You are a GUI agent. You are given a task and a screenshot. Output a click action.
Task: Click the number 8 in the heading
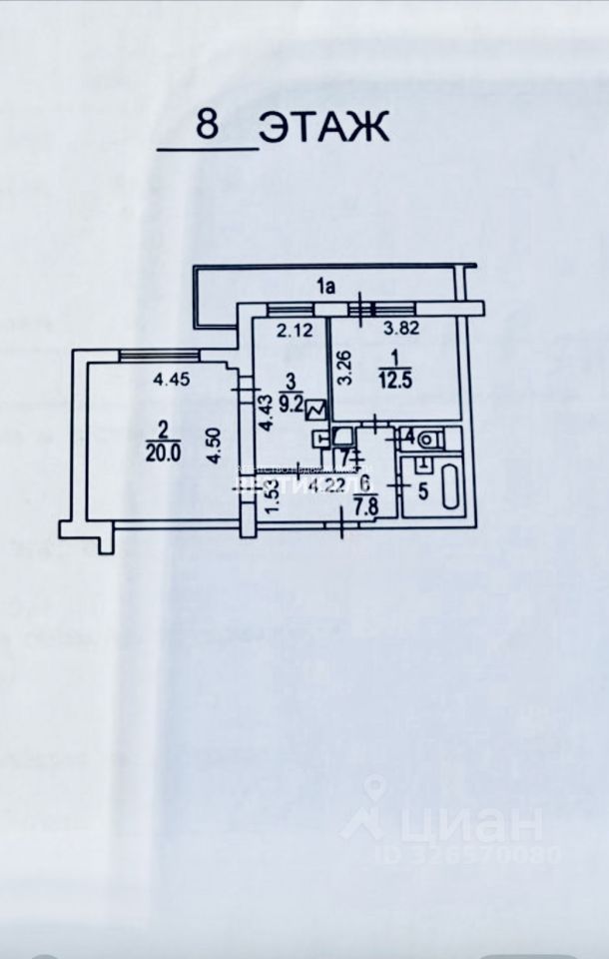[x=208, y=127]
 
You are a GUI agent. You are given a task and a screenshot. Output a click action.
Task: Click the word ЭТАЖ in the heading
[x=323, y=128]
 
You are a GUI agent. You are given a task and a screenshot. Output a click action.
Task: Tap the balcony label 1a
[x=324, y=287]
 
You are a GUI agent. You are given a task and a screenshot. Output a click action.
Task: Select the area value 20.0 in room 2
[x=162, y=451]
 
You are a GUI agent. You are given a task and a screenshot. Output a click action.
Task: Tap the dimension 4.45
[x=171, y=379]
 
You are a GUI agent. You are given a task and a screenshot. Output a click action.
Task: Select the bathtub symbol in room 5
[x=448, y=487]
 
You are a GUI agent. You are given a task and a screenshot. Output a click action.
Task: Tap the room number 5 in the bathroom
[x=422, y=490]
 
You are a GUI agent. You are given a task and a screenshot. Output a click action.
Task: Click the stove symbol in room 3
[x=317, y=410]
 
